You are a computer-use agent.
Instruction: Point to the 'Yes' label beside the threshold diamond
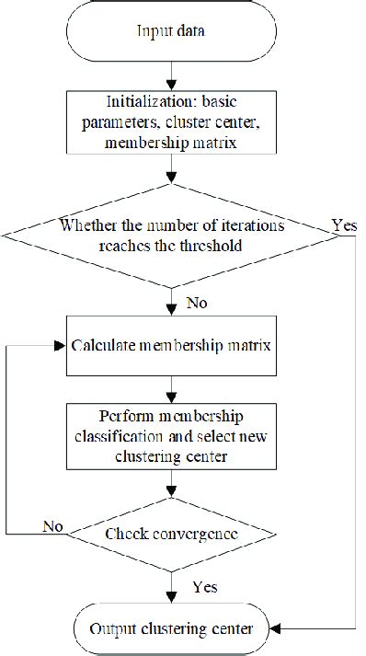pyautogui.click(x=346, y=224)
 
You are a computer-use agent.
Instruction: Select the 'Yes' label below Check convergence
pyautogui.click(x=204, y=585)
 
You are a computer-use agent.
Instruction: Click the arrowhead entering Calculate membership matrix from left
pyautogui.click(x=62, y=346)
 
